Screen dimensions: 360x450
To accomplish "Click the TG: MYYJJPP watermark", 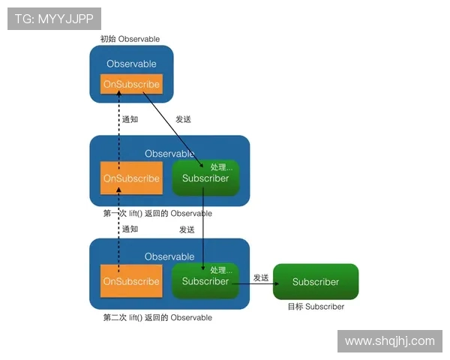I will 54,19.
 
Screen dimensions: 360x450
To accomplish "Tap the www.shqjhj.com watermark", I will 389,341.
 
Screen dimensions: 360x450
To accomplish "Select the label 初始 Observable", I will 130,39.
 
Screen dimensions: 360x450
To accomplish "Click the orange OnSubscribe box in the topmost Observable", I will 131,85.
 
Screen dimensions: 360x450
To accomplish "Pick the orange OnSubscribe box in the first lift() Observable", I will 131,178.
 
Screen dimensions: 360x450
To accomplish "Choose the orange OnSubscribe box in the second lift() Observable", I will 131,281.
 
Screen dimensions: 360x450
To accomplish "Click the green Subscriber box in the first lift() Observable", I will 205,178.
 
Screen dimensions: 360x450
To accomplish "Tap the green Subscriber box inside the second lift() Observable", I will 205,281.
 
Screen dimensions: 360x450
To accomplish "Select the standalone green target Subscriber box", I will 316,282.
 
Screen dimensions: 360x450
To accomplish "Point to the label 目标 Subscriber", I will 316,307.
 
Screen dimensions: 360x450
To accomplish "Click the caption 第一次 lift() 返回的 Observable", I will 157,214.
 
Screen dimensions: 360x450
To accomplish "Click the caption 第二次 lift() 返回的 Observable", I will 157,318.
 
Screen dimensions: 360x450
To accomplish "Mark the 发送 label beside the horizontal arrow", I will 260,277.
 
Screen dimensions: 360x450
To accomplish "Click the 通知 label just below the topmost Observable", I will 130,119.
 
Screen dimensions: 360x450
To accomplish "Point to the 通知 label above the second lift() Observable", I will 130,229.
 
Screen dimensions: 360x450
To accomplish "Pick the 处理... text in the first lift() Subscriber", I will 223,166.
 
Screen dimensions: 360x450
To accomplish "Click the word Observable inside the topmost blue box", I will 131,64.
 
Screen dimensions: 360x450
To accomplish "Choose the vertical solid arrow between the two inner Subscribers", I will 204,229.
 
